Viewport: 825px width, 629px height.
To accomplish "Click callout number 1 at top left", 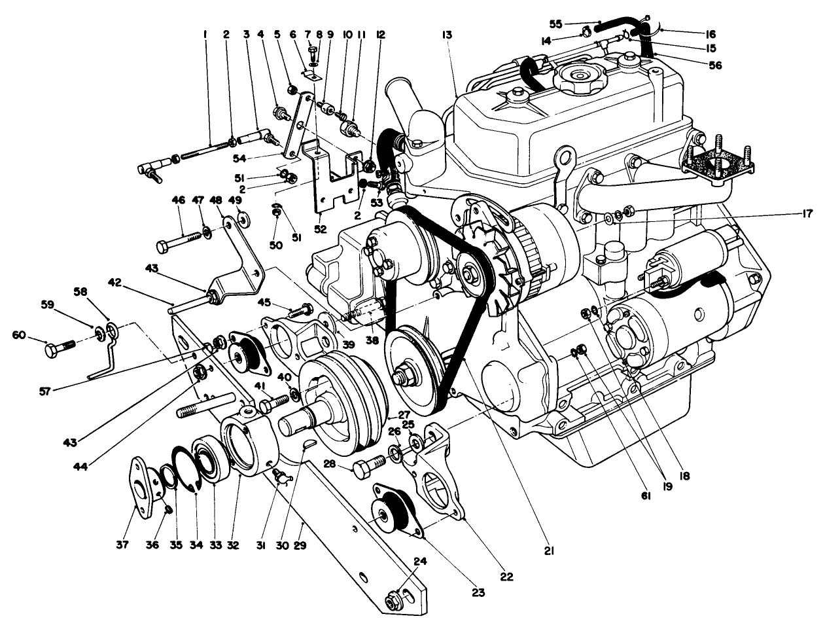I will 205,33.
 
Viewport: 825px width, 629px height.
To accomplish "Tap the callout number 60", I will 20,335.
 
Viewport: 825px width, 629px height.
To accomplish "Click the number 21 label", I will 549,552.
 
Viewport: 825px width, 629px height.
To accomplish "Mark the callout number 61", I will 646,497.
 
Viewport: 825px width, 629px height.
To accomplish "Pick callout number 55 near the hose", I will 556,24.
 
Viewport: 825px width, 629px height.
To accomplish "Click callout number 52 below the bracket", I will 321,229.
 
